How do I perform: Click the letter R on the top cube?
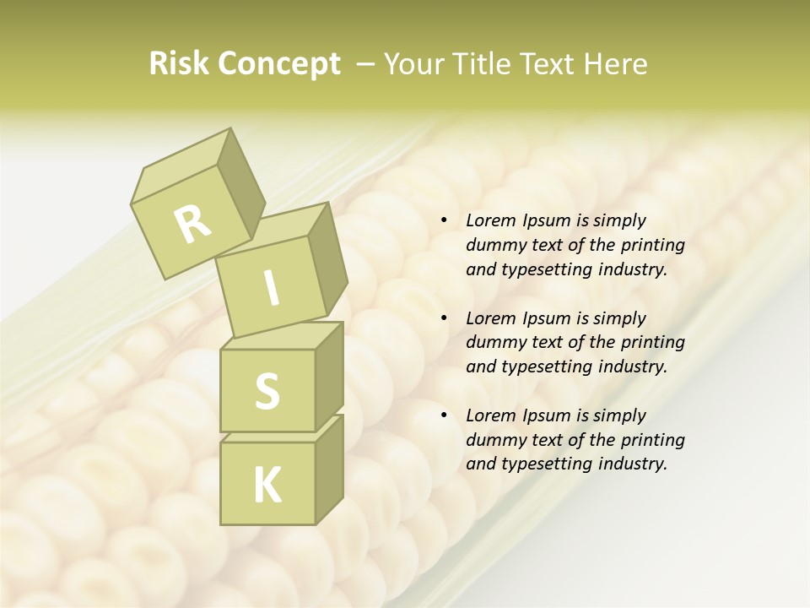tap(192, 225)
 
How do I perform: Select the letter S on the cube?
tap(267, 391)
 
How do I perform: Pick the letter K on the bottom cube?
tap(267, 486)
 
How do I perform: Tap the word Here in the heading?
tap(614, 64)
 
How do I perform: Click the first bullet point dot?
tap(444, 221)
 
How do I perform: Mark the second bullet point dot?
tap(444, 318)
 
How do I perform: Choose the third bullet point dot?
tap(444, 415)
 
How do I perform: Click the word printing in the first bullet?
tap(651, 246)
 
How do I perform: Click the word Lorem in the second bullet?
tap(489, 318)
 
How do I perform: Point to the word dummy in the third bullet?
tap(493, 440)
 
